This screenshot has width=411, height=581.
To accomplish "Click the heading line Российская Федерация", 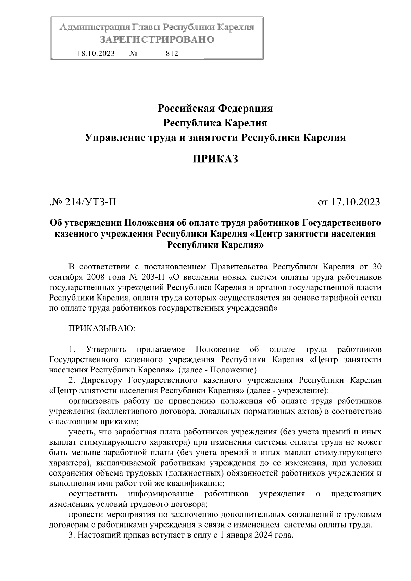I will click(215, 109).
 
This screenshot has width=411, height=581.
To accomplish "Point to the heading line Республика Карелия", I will click(215, 123).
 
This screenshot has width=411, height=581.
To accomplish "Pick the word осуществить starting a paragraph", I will click(93, 494).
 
